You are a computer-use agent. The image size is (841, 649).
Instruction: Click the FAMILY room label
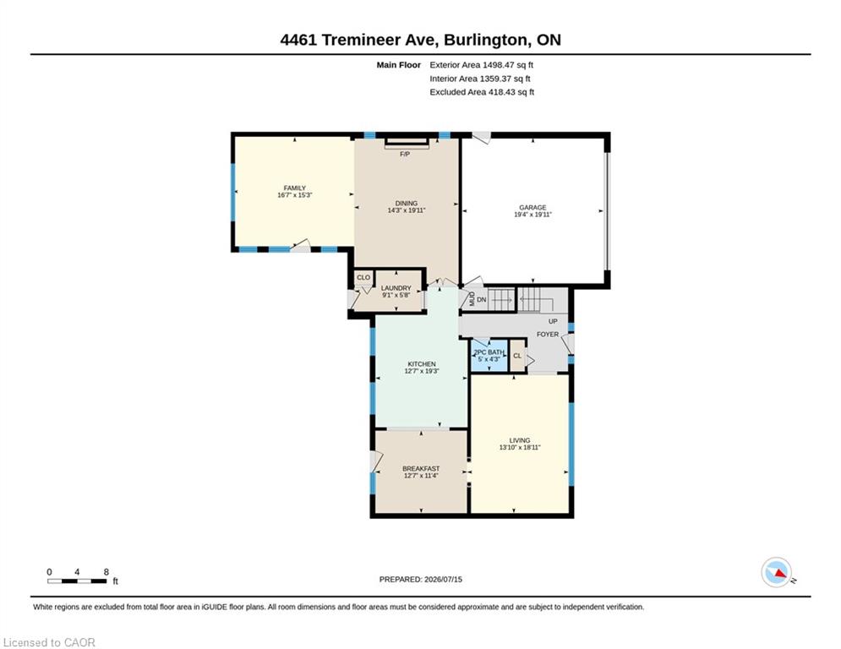(294, 188)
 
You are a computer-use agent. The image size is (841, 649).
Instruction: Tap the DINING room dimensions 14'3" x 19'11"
(406, 210)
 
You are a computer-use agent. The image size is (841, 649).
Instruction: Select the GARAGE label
(532, 207)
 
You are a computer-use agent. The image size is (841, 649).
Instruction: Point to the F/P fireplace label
(405, 154)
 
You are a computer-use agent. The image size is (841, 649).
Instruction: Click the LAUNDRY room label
(396, 288)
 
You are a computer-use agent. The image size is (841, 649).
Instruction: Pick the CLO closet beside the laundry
(363, 277)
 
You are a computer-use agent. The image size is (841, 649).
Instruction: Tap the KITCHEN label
(422, 363)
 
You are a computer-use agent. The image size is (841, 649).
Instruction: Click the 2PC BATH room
(489, 356)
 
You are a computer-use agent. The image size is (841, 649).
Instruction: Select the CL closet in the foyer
(517, 356)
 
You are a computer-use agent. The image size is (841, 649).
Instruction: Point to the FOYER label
(548, 334)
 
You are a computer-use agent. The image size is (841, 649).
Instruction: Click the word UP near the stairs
(553, 321)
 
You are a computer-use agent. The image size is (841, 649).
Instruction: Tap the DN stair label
(481, 299)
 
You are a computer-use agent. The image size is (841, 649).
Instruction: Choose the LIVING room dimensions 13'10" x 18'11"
(520, 447)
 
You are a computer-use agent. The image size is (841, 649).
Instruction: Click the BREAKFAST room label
(421, 468)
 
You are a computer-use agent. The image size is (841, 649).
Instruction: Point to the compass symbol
(776, 572)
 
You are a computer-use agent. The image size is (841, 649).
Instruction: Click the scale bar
(77, 581)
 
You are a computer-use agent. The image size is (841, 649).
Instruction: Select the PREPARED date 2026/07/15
(443, 579)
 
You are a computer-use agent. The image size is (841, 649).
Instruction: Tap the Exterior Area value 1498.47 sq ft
(508, 65)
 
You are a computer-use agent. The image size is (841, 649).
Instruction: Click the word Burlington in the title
(484, 41)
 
